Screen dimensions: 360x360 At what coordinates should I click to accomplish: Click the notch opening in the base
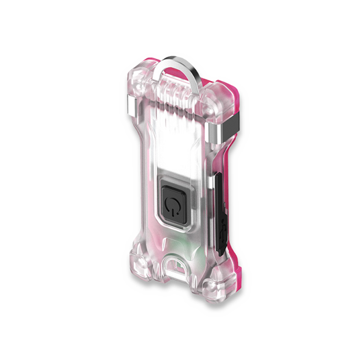pyautogui.click(x=185, y=264)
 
